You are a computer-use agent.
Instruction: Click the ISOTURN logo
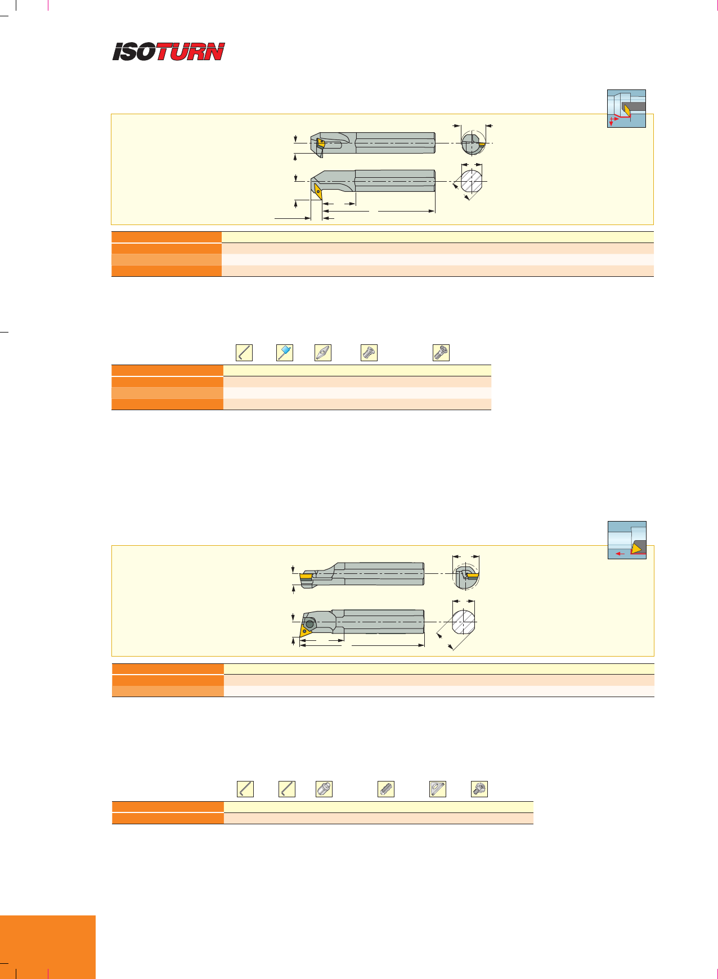click(x=168, y=52)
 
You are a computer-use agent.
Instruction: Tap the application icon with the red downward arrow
click(x=626, y=109)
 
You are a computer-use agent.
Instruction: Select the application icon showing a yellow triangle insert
click(x=627, y=540)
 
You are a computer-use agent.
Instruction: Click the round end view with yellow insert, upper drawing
click(x=473, y=143)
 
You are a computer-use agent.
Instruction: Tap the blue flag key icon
click(x=285, y=353)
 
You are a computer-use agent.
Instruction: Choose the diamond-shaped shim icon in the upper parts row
click(x=323, y=353)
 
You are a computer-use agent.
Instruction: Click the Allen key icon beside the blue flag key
click(x=244, y=353)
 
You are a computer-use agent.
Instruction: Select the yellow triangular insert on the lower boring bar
click(x=306, y=627)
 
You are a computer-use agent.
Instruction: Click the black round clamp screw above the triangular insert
click(x=310, y=624)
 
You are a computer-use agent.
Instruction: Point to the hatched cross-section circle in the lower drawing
click(x=464, y=623)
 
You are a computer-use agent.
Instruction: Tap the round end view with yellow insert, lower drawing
click(x=466, y=576)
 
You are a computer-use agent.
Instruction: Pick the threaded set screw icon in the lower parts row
click(x=385, y=789)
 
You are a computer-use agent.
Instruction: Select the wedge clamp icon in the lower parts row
click(x=437, y=789)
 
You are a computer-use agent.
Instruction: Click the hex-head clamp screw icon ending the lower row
click(x=479, y=789)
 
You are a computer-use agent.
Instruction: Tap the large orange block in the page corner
click(x=48, y=947)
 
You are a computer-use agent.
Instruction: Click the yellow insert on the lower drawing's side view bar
click(x=307, y=576)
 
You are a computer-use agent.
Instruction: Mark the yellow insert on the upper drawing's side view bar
click(x=319, y=143)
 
